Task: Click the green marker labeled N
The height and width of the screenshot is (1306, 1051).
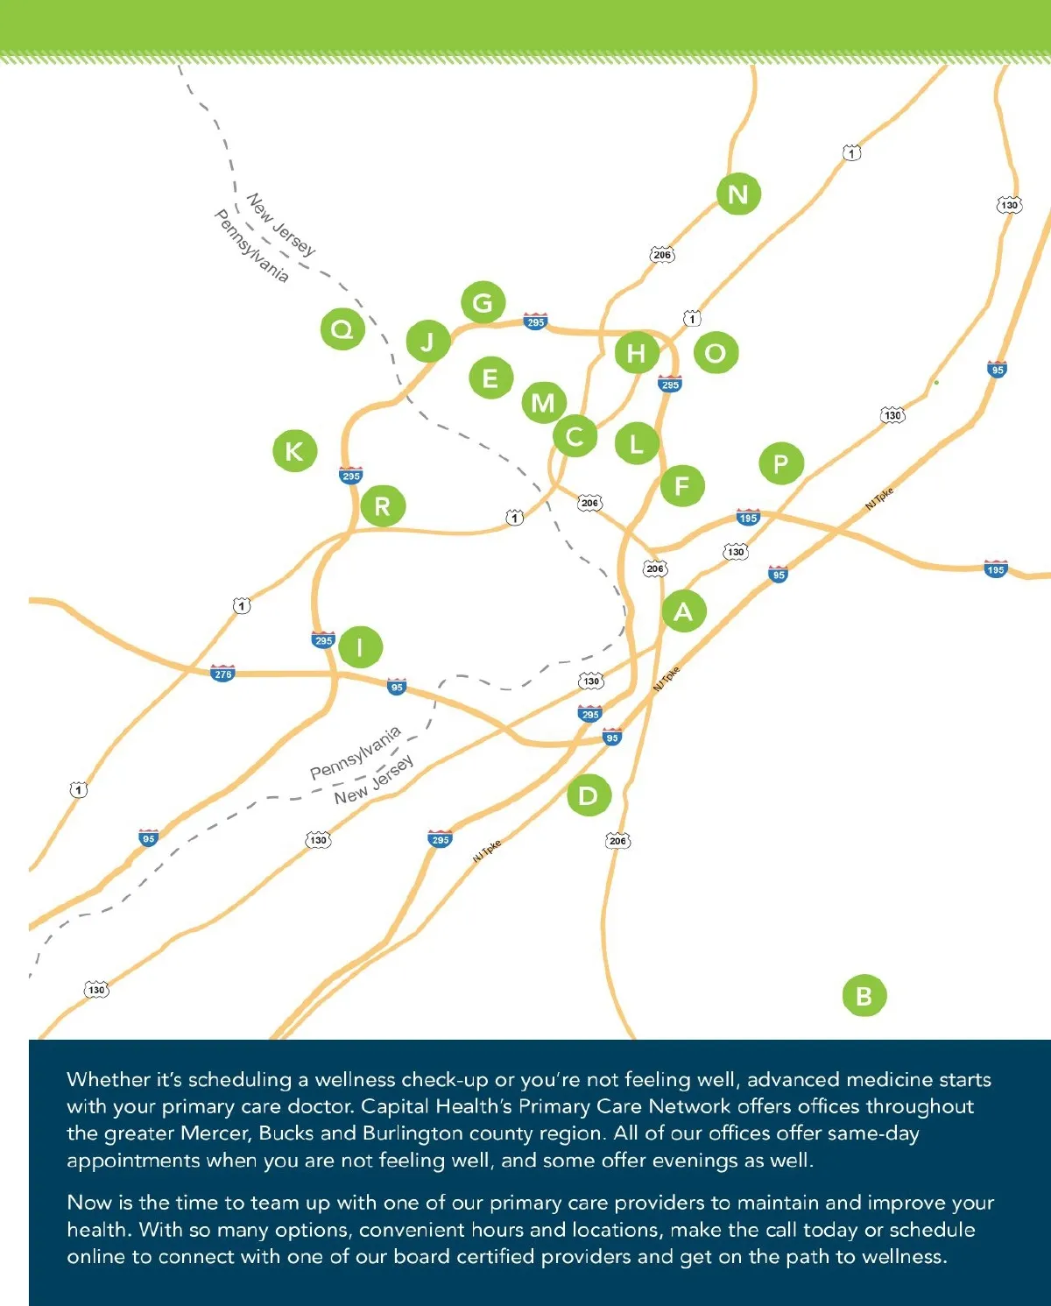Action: pos(738,194)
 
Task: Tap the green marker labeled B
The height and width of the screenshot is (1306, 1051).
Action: pos(864,996)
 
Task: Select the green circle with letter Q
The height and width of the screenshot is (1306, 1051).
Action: pos(342,329)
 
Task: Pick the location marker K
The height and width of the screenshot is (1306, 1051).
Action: pos(294,451)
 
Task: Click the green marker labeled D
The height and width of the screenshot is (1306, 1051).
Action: pos(589,795)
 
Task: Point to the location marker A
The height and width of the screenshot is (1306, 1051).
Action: pos(683,611)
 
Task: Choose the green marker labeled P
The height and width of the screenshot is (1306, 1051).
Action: pos(780,463)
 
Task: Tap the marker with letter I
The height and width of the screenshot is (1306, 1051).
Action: pos(360,647)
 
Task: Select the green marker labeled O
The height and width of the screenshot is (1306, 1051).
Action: pos(716,353)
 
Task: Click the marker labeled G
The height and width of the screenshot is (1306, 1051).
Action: pos(483,303)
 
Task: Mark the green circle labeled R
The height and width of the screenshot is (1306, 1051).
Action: pos(383,505)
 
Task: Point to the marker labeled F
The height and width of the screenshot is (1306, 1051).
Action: pos(682,486)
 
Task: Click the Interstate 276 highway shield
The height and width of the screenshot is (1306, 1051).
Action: pos(222,674)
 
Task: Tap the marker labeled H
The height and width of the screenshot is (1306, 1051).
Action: pos(637,353)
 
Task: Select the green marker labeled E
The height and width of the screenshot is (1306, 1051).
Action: pos(490,378)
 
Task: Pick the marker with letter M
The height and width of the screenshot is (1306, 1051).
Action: pos(544,403)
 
